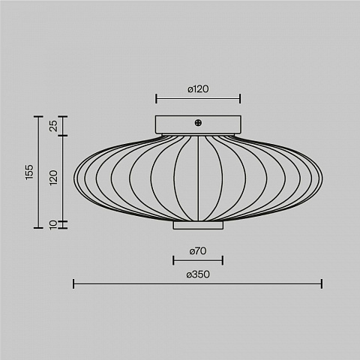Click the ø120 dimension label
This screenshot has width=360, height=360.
tap(198, 89)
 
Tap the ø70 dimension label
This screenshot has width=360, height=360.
tap(198, 250)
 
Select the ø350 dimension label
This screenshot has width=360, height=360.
tap(198, 274)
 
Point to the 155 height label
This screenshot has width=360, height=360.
tap(29, 172)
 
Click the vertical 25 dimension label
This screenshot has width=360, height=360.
tap(53, 126)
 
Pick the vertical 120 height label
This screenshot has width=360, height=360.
tap(53, 178)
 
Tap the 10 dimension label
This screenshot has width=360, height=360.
tap(53, 225)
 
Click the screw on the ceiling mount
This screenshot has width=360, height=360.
tap(198, 123)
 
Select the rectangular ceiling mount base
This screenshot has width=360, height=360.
tap(198, 124)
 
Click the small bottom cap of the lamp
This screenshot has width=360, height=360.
tap(198, 225)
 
